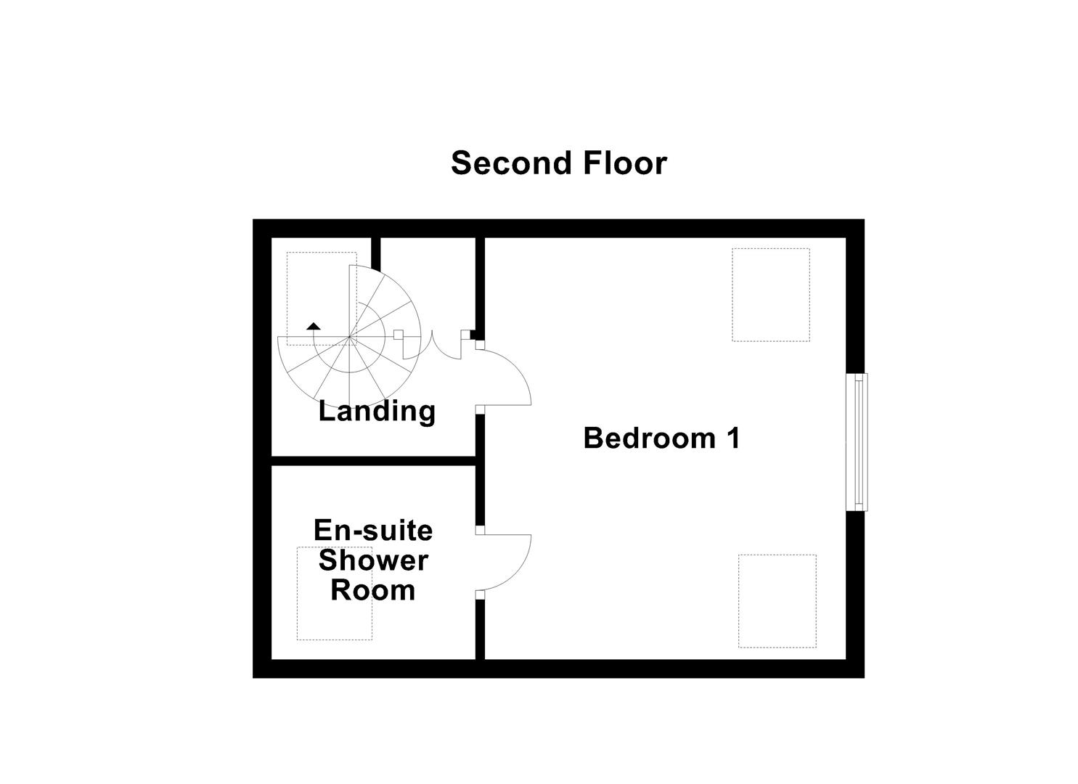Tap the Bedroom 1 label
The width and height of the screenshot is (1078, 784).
pyautogui.click(x=661, y=438)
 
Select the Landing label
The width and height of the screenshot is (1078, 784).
pyautogui.click(x=377, y=411)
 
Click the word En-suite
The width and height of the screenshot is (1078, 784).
pyautogui.click(x=373, y=531)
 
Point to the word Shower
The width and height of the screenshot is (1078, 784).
pyautogui.click(x=373, y=560)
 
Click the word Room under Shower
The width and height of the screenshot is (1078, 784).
pyautogui.click(x=373, y=589)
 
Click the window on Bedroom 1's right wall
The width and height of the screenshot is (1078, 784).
pyautogui.click(x=858, y=441)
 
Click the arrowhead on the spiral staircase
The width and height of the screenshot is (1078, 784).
pyautogui.click(x=314, y=326)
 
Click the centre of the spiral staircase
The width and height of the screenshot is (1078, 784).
pyautogui.click(x=350, y=338)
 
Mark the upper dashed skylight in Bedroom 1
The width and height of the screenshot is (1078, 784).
pyautogui.click(x=770, y=295)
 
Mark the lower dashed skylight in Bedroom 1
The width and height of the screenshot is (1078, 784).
pyautogui.click(x=777, y=600)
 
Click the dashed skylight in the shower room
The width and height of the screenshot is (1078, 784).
pyautogui.click(x=334, y=593)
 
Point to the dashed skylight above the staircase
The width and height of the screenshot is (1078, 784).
pyautogui.click(x=321, y=298)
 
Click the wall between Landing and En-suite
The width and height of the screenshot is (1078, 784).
pyautogui.click(x=373, y=460)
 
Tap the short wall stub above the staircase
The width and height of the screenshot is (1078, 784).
pyautogui.click(x=376, y=252)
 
